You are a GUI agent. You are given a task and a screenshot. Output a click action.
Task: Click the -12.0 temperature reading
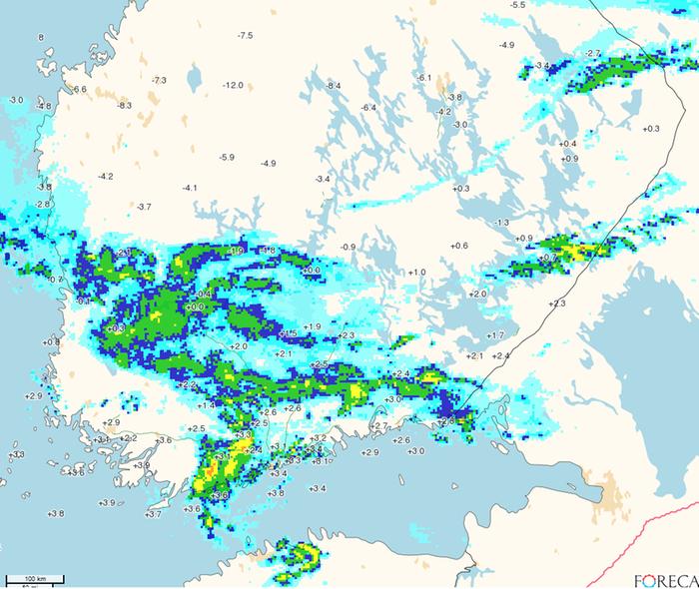pyautogui.click(x=233, y=86)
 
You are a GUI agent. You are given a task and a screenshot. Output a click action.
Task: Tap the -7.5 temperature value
pyautogui.click(x=245, y=36)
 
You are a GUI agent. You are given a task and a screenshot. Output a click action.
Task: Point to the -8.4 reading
pyautogui.click(x=334, y=87)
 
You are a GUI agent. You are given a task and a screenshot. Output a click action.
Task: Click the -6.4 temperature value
pyautogui.click(x=367, y=107)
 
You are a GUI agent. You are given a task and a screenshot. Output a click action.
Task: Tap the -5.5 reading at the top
pyautogui.click(x=517, y=6)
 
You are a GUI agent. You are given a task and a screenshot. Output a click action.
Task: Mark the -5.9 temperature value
pyautogui.click(x=227, y=157)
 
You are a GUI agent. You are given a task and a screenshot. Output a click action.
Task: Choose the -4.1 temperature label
pyautogui.click(x=190, y=188)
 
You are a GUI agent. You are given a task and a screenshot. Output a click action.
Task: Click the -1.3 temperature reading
pyautogui.click(x=501, y=222)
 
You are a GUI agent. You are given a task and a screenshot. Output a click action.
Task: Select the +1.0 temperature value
pyautogui.click(x=417, y=272)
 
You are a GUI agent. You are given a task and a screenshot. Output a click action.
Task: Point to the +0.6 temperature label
pyautogui.click(x=459, y=246)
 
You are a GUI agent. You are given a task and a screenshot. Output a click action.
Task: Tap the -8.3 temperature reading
pyautogui.click(x=124, y=105)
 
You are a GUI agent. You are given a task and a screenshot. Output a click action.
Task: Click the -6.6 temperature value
pyautogui.click(x=80, y=90)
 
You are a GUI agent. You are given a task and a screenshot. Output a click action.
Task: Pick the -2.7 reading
pyautogui.click(x=593, y=53)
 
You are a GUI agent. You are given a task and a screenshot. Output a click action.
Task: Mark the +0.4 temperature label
pyautogui.click(x=569, y=144)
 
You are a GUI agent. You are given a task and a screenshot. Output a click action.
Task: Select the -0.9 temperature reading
pyautogui.click(x=348, y=247)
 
